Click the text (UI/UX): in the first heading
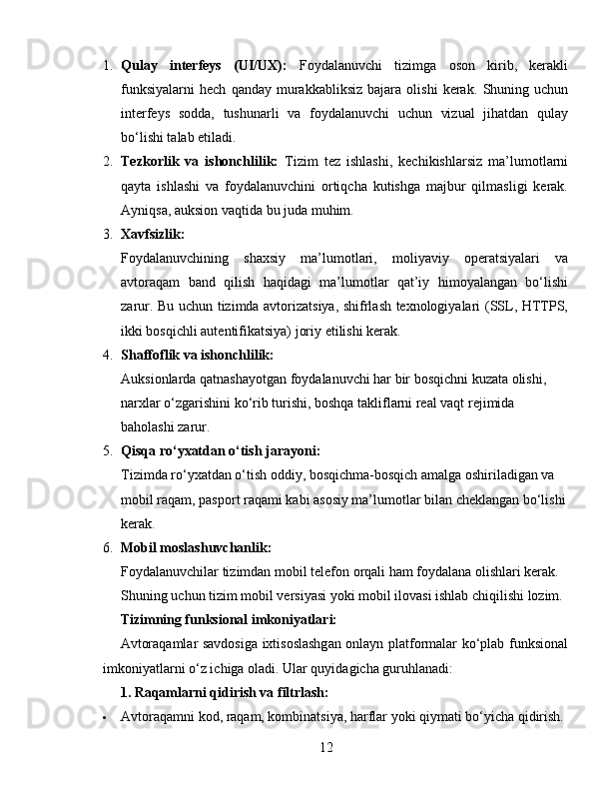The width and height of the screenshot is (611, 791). [x=259, y=66]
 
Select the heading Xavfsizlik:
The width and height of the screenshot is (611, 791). [x=152, y=234]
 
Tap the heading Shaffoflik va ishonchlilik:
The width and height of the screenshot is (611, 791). [x=197, y=354]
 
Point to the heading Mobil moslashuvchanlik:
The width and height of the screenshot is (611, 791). [x=196, y=547]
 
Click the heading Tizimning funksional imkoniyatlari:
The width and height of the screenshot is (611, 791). [x=228, y=619]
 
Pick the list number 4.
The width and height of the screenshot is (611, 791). [x=107, y=354]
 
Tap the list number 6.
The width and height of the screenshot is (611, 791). [x=107, y=547]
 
